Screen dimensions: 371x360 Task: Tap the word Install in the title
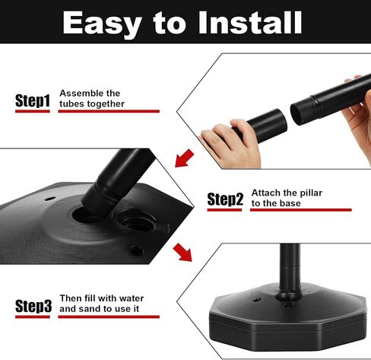pos(250,23)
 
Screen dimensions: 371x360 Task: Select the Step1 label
pos(33,100)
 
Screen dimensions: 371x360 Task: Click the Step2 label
pos(225,199)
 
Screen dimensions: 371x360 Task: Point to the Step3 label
pos(33,306)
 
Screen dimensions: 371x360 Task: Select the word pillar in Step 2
pos(311,193)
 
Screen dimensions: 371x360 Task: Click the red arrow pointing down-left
pos(185,158)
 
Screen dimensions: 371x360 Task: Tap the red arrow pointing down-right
pos(182,252)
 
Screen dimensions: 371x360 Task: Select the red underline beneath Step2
pos(224,210)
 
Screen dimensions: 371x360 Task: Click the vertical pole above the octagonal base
pos(290,267)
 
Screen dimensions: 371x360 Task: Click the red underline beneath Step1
pos(33,111)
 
